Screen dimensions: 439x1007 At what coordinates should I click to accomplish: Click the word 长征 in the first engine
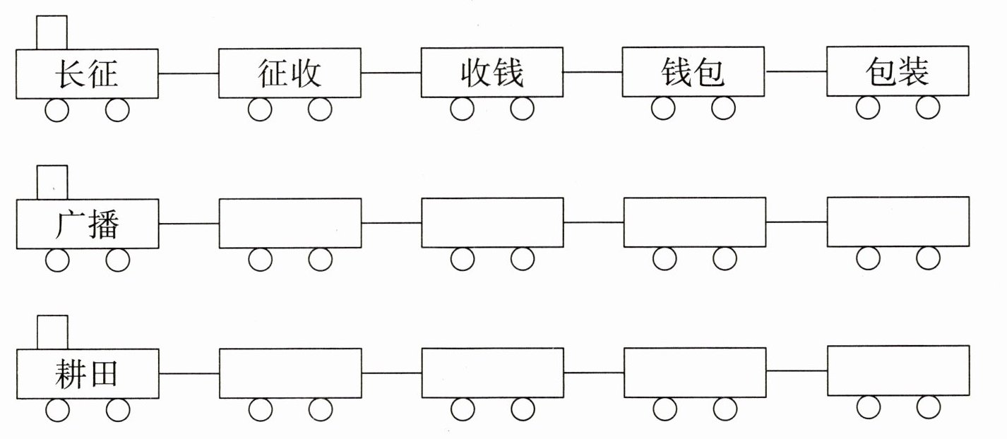[x=86, y=74]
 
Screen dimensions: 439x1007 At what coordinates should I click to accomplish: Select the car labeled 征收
[x=290, y=73]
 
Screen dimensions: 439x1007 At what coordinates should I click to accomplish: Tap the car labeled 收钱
[x=492, y=73]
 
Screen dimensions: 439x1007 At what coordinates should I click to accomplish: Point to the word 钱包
[x=693, y=73]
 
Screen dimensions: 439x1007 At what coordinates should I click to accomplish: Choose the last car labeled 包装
[x=898, y=71]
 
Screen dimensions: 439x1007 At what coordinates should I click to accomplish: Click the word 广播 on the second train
[x=86, y=224]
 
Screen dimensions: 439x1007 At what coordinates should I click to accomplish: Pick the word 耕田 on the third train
[x=86, y=375]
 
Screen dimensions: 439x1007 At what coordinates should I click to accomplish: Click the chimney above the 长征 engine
[x=52, y=32]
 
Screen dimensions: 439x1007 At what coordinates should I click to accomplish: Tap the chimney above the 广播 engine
[x=52, y=182]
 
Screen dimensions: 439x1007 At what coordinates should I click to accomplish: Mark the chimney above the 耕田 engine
[x=52, y=332]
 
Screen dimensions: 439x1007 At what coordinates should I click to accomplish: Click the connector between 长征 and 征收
[x=189, y=73]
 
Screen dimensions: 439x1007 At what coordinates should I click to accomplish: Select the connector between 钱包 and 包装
[x=797, y=72]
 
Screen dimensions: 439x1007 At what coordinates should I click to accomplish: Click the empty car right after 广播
[x=290, y=223]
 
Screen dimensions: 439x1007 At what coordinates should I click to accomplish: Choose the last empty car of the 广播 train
[x=898, y=222]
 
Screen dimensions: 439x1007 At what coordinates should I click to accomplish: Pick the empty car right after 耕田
[x=290, y=373]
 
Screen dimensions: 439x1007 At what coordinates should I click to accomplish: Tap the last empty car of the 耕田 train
[x=898, y=371]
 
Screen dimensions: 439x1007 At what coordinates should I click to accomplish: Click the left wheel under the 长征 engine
[x=57, y=110]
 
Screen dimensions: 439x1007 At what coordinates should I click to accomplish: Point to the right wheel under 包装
[x=928, y=108]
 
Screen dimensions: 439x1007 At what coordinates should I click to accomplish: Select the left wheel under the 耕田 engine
[x=57, y=410]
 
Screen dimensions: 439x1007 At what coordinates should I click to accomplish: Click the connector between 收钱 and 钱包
[x=592, y=72]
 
